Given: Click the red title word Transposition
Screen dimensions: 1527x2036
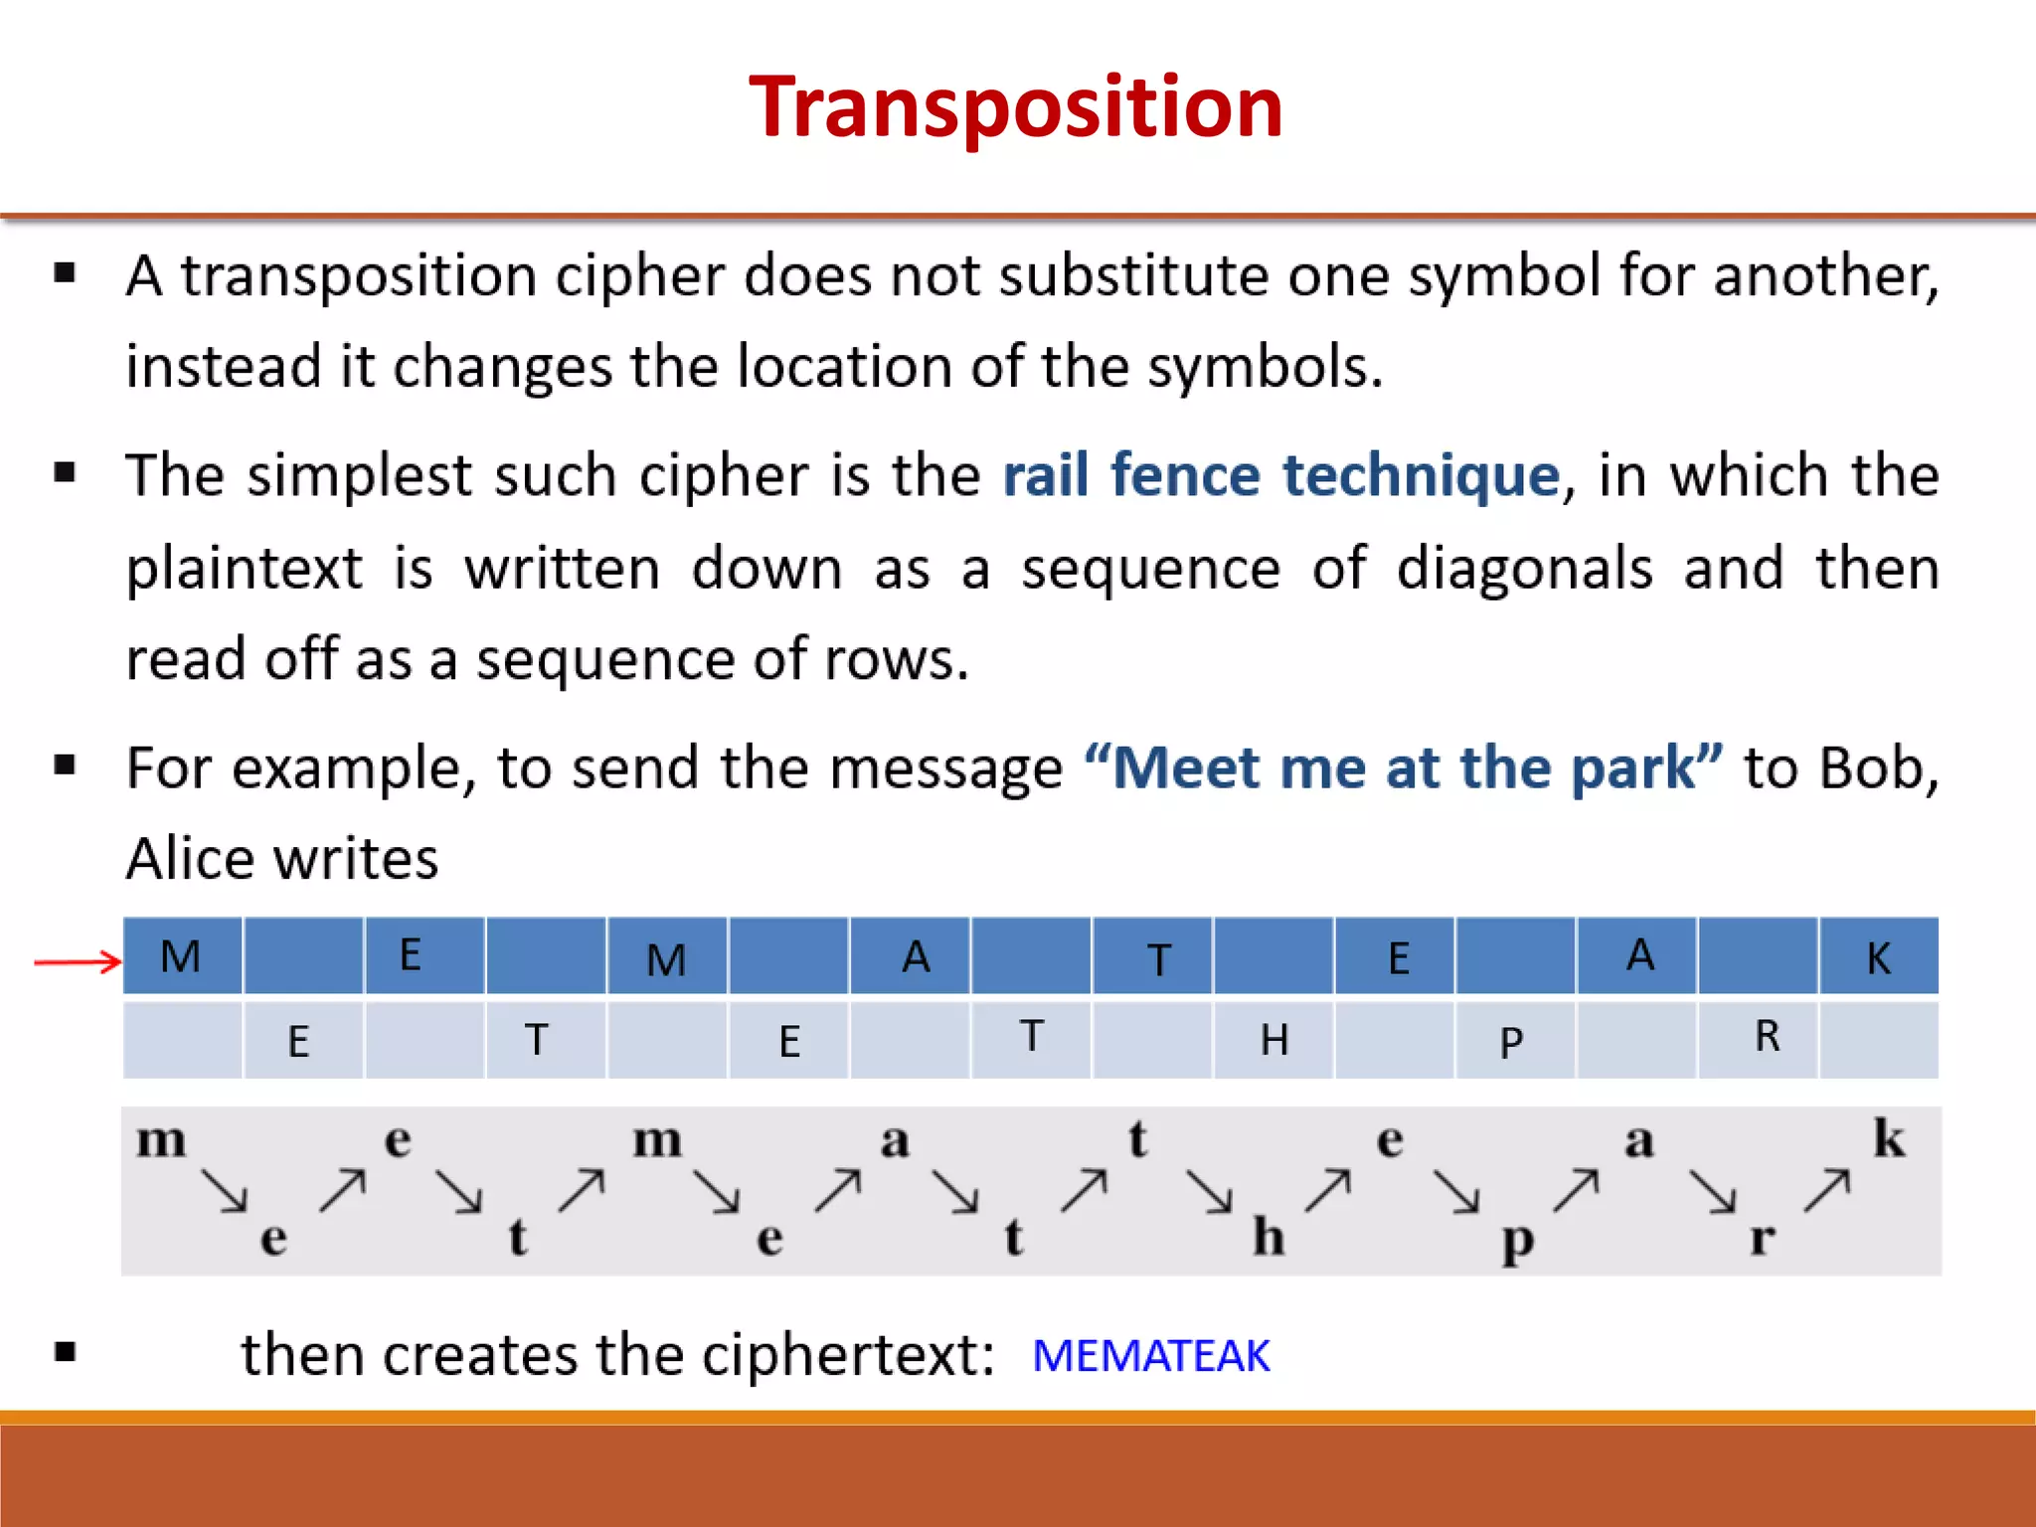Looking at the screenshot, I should pos(1016,107).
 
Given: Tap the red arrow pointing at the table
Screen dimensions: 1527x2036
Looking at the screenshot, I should pos(78,961).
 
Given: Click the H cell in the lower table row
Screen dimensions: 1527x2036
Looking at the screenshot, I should pos(1273,1040).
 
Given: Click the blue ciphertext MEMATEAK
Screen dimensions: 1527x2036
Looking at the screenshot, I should pos(1151,1356).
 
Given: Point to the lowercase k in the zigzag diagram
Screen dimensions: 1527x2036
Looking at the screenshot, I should pos(1889,1138).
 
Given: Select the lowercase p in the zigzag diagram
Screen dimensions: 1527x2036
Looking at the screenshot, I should pos(1517,1241).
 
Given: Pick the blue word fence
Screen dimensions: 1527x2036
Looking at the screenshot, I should pos(1185,475).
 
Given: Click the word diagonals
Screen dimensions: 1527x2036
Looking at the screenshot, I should pos(1524,569).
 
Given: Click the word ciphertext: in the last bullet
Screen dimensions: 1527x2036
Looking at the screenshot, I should pos(848,1355).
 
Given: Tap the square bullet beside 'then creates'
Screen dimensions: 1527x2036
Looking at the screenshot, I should pos(66,1351).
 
